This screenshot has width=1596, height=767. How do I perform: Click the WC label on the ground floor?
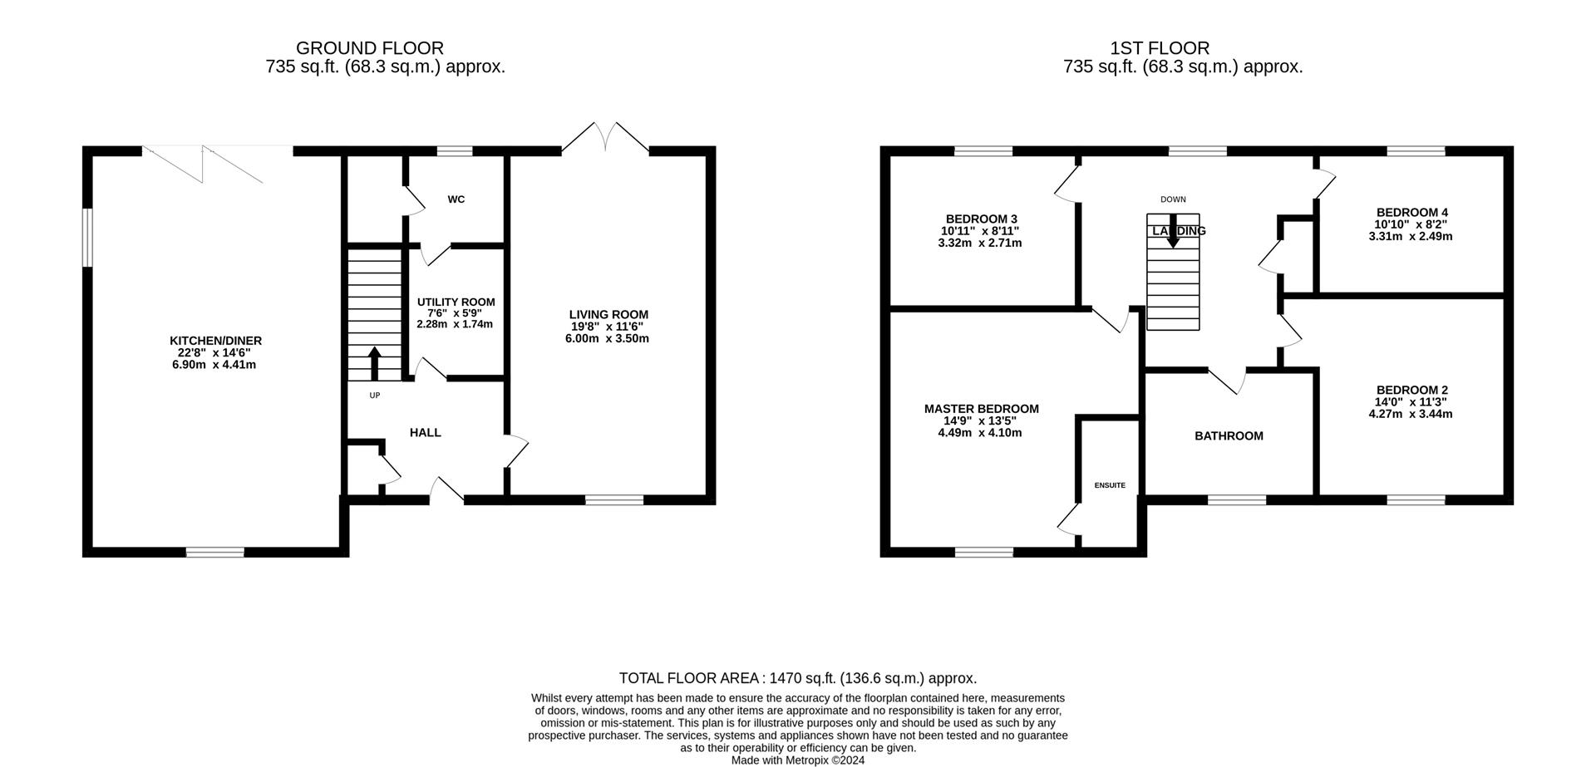pyautogui.click(x=456, y=199)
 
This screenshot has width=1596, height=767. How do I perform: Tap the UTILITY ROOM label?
pyautogui.click(x=456, y=302)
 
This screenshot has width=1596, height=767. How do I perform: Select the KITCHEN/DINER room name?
pyautogui.click(x=216, y=341)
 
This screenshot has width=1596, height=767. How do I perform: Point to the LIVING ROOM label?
pyautogui.click(x=608, y=315)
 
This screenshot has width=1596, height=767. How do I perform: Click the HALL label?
pyautogui.click(x=426, y=433)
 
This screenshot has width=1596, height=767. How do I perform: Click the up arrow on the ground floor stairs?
pyautogui.click(x=374, y=363)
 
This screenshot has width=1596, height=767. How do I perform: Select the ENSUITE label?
pyautogui.click(x=1110, y=485)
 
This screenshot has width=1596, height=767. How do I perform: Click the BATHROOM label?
pyautogui.click(x=1229, y=436)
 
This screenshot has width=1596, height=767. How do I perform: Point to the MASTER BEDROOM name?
pyautogui.click(x=982, y=409)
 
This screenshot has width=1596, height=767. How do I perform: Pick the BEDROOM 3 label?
pyautogui.click(x=982, y=219)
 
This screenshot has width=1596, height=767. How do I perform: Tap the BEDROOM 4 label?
pyautogui.click(x=1412, y=213)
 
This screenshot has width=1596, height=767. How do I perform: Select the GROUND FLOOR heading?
pyautogui.click(x=370, y=49)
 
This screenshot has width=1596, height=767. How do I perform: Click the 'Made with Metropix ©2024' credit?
pyautogui.click(x=798, y=760)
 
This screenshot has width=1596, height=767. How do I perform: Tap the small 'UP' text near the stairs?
pyautogui.click(x=375, y=396)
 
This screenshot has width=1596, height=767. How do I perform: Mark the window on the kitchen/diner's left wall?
pyautogui.click(x=87, y=238)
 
